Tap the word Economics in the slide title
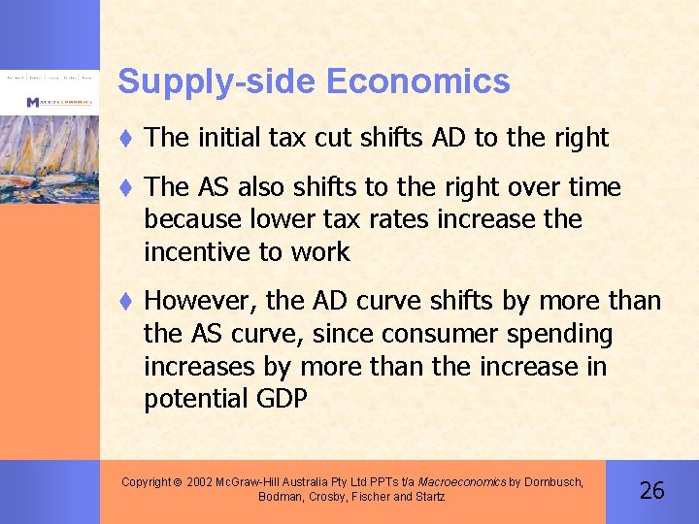(x=418, y=82)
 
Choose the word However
(x=197, y=302)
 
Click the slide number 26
(x=652, y=490)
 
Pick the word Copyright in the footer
(x=146, y=481)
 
